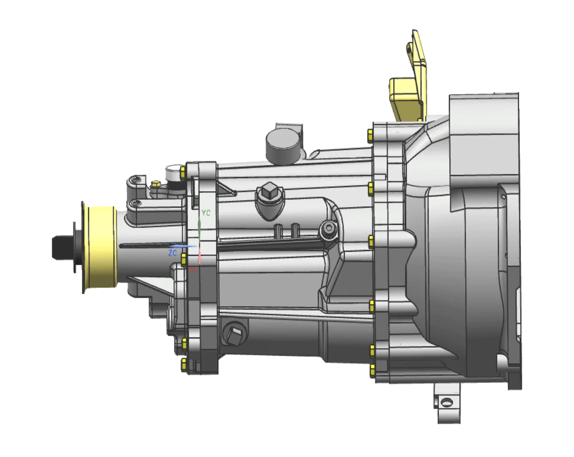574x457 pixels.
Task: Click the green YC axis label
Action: (206, 213)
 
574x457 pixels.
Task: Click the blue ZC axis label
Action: (172, 253)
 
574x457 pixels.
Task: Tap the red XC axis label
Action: (194, 269)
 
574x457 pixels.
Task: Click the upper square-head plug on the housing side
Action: (268, 193)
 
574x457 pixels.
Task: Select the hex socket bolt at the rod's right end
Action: (329, 228)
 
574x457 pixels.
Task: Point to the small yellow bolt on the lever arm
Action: (155, 184)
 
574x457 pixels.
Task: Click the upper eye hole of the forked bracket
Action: (137, 180)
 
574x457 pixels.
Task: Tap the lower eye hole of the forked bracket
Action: (137, 204)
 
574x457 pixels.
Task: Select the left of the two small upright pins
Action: (279, 230)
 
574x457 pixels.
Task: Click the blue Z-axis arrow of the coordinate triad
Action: (184, 246)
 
